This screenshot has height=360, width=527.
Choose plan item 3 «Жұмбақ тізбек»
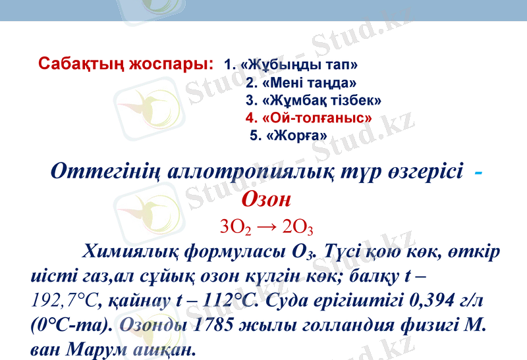pos(314,101)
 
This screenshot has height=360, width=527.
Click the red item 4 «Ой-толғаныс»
pos(308,118)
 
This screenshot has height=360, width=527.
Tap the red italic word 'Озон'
pos(267,198)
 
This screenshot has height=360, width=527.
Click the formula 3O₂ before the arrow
pos(235,228)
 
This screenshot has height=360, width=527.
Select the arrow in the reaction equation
pos(266,228)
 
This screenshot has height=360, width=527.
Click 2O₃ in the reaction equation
pos(297,228)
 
